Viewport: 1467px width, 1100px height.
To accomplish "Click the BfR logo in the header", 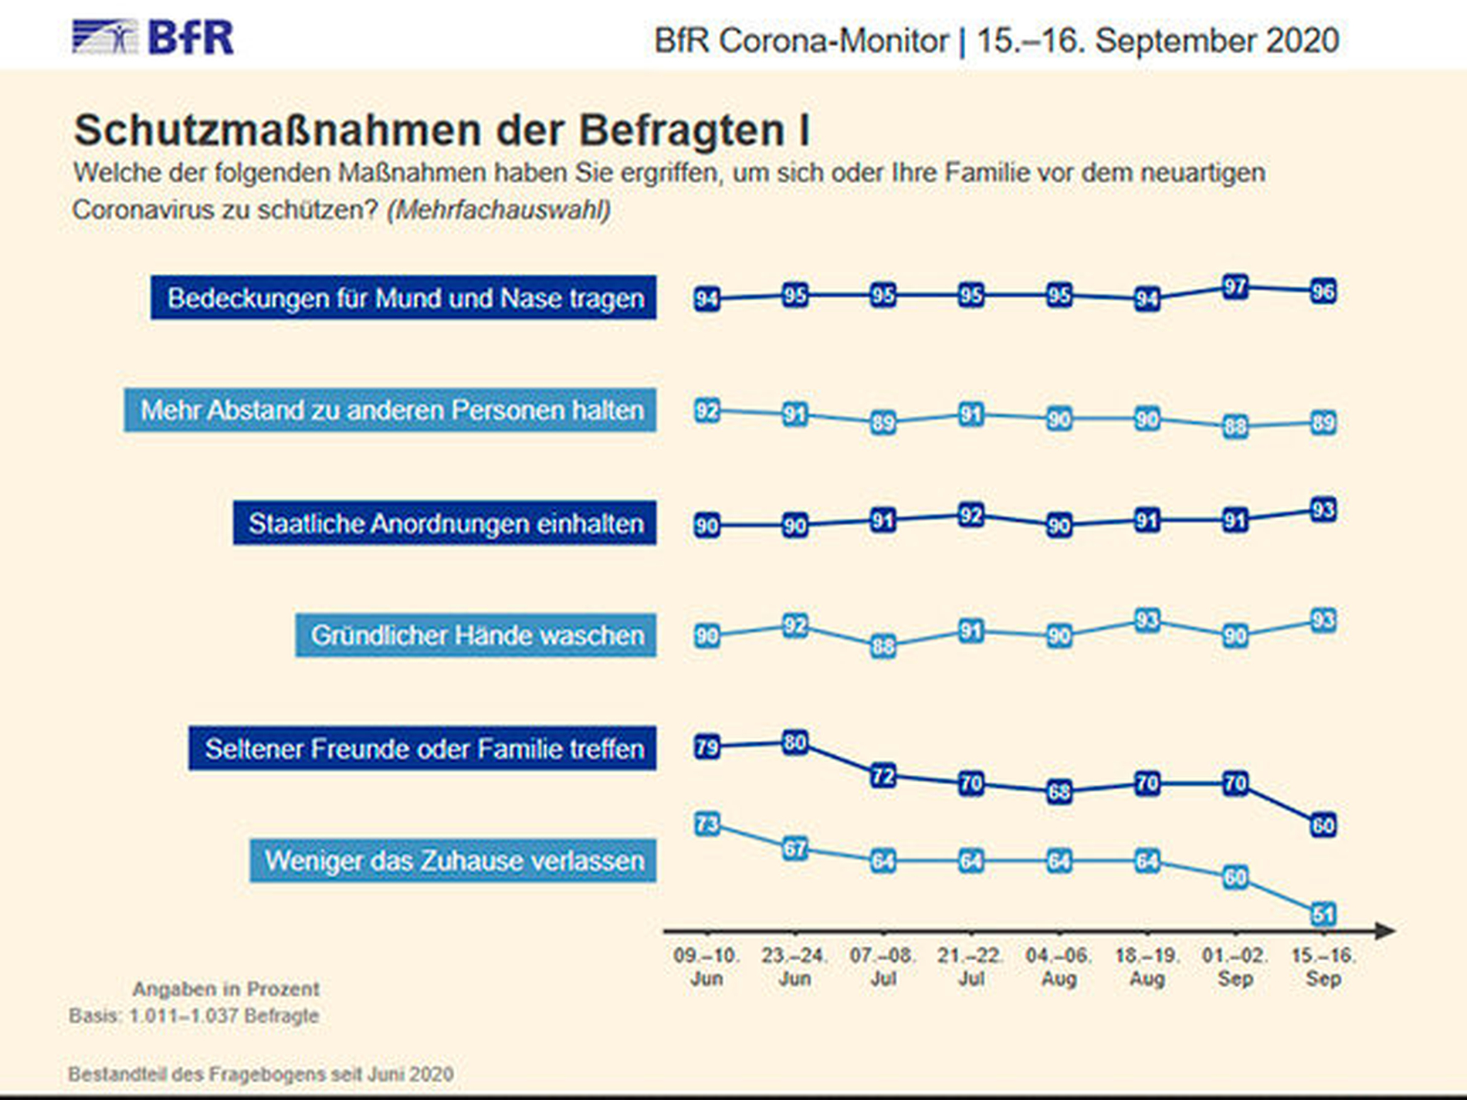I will [153, 37].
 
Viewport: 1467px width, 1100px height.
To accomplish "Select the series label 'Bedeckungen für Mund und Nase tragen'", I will [404, 298].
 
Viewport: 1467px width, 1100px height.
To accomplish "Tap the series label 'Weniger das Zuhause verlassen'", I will [453, 861].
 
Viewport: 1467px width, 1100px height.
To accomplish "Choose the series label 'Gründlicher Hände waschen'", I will [476, 635].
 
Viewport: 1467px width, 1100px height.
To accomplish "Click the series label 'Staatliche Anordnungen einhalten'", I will [445, 523].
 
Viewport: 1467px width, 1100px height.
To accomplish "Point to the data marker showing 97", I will [1235, 288].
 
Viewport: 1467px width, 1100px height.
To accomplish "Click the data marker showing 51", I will [1323, 915].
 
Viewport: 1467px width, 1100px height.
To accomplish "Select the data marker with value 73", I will [706, 824].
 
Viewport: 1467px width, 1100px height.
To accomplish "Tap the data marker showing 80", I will [794, 743].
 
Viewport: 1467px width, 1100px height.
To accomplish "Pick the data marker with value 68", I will [1059, 792].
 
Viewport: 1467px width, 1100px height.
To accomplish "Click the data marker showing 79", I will [706, 747].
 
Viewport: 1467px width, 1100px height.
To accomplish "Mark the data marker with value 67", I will [794, 849].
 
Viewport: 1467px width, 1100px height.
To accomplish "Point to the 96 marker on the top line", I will [1323, 292].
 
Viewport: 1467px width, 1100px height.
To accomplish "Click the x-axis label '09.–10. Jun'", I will [706, 966].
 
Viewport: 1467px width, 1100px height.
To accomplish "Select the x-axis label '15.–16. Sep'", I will [1323, 966].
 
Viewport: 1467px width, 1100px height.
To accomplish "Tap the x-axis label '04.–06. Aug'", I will [1059, 966].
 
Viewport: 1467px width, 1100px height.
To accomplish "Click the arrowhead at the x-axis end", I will [1386, 931].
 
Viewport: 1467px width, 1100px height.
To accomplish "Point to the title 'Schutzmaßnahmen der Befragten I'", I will [441, 130].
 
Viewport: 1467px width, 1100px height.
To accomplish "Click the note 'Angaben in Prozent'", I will [225, 989].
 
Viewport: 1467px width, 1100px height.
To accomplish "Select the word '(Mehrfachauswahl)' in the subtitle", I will [499, 210].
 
